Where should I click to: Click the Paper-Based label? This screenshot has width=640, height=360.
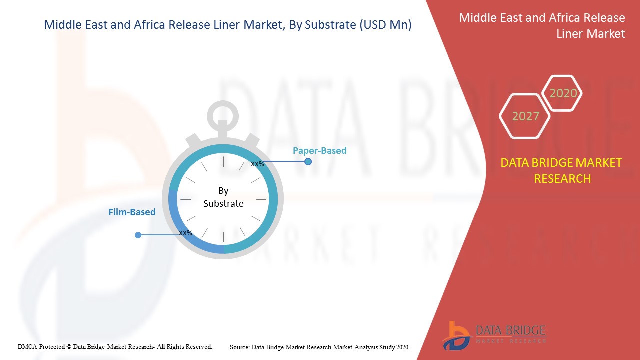[319, 150]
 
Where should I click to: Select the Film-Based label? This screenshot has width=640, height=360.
[132, 212]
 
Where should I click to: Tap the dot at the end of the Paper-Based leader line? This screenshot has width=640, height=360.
[308, 161]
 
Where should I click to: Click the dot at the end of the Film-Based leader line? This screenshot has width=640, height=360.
[138, 235]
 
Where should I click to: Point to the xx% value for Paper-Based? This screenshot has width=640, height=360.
[257, 164]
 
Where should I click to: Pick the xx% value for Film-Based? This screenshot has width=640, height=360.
[185, 233]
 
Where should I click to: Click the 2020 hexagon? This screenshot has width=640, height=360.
[562, 93]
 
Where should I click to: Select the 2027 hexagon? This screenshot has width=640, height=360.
[525, 116]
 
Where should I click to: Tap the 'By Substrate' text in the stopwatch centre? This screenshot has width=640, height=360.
[223, 197]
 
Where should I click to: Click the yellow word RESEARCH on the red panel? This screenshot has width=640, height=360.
[562, 179]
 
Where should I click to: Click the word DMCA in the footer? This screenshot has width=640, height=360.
[27, 347]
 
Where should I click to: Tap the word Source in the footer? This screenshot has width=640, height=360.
[239, 347]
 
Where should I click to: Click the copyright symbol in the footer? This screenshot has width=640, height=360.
[69, 347]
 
